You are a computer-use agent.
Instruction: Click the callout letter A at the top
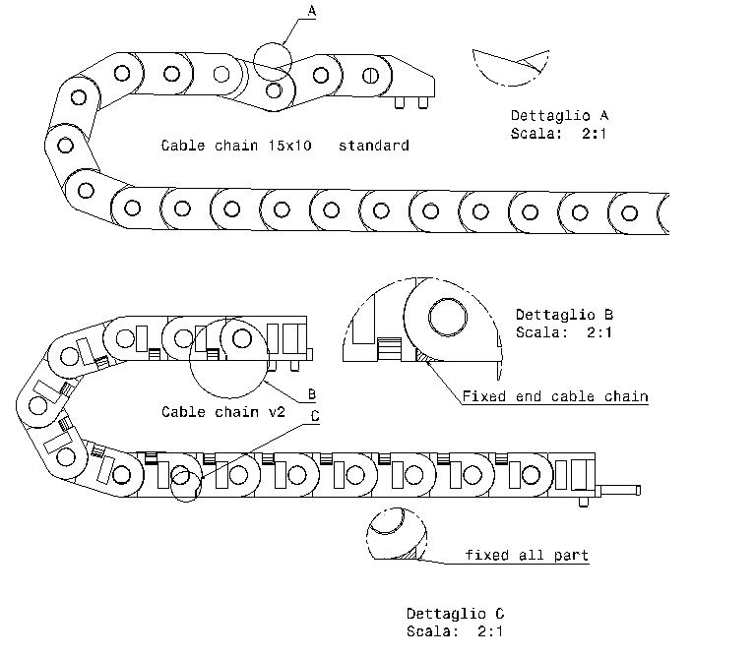coord(312,11)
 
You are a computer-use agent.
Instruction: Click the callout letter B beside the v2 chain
coord(312,394)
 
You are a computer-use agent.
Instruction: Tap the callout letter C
coord(315,416)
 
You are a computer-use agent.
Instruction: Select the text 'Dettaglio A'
coord(560,116)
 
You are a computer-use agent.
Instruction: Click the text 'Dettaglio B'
coord(565,315)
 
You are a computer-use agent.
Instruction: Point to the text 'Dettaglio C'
coord(455,614)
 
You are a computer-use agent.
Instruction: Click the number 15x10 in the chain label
coord(289,146)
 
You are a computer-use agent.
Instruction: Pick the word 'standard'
coord(374,146)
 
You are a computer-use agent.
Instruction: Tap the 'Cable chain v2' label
coord(223,412)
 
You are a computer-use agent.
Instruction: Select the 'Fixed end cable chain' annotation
coord(555,396)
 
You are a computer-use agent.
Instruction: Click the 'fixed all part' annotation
coord(527,555)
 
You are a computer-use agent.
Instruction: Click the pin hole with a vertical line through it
coord(370,76)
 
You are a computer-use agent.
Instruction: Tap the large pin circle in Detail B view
coord(448,317)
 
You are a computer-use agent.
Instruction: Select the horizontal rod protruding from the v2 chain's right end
coord(619,491)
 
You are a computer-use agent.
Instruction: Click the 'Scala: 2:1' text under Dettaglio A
coord(558,134)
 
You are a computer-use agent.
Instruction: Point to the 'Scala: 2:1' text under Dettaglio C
coord(454,631)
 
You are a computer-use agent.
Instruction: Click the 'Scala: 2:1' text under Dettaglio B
coord(564,332)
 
